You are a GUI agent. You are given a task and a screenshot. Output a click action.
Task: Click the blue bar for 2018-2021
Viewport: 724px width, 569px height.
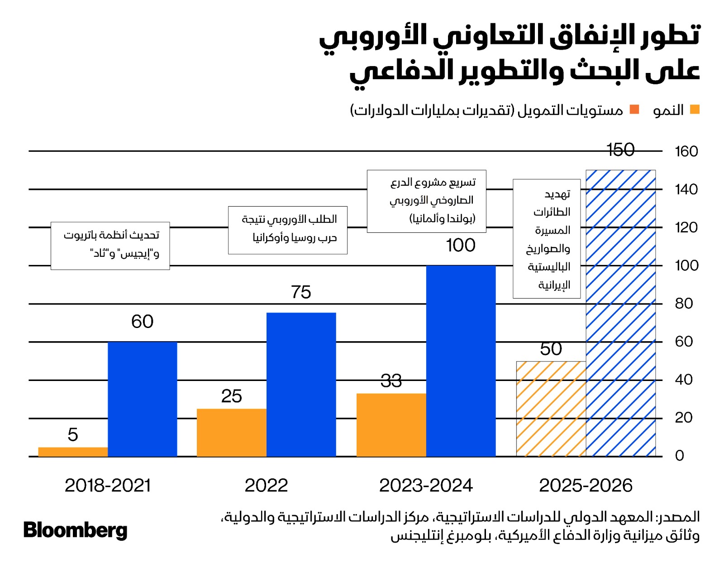click(142, 399)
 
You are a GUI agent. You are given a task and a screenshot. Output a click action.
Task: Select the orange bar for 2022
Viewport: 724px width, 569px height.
click(231, 432)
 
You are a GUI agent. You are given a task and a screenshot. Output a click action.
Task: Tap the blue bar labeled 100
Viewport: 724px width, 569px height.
click(461, 361)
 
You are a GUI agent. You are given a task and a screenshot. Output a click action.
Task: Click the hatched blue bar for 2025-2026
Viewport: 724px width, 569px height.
click(620, 313)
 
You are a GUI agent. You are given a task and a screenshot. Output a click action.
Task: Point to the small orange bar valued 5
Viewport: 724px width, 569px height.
click(73, 452)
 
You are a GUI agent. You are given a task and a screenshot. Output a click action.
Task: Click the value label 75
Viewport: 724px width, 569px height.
click(301, 292)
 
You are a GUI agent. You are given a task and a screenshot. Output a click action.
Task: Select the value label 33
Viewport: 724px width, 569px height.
click(391, 381)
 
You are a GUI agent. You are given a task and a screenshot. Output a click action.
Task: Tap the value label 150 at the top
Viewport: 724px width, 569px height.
click(620, 150)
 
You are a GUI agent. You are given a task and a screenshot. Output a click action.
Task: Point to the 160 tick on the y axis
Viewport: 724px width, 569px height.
click(686, 151)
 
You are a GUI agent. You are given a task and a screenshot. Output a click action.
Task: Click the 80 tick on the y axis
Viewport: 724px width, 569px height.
click(684, 304)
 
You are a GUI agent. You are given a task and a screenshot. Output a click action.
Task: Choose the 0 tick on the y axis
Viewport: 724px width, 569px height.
click(679, 456)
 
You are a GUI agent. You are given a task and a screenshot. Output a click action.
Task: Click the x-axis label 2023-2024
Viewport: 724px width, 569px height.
click(426, 486)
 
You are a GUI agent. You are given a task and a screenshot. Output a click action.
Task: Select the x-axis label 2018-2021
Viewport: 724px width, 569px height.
click(108, 486)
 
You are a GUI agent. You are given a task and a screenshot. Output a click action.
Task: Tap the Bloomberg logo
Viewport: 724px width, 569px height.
click(75, 530)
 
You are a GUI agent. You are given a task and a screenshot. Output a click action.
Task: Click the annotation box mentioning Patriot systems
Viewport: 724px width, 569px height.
click(110, 246)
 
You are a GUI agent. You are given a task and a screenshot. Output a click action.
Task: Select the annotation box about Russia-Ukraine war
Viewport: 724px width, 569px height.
click(288, 230)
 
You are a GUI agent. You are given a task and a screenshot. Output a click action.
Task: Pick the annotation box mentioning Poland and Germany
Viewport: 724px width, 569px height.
click(426, 201)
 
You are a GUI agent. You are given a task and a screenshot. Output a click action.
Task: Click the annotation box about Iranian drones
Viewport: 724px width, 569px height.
click(547, 238)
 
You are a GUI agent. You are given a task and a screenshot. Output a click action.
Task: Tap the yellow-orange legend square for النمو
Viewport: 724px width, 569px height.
click(695, 109)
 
